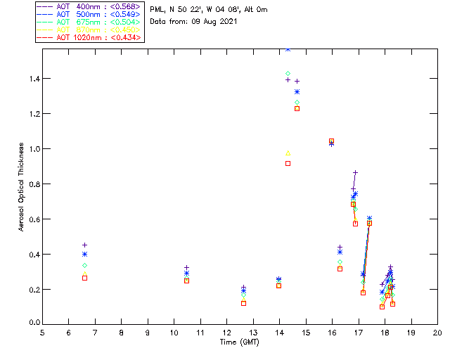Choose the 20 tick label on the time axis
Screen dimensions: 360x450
437,333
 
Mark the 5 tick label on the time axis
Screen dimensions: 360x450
42,333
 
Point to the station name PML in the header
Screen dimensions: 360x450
157,10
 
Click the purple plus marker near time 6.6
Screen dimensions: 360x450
84,245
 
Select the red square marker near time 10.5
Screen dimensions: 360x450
186,281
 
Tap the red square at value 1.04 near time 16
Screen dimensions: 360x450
332,141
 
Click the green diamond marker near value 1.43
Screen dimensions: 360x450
288,74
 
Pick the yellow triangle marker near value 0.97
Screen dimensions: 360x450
288,153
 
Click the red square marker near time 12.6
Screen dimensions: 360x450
243,303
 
